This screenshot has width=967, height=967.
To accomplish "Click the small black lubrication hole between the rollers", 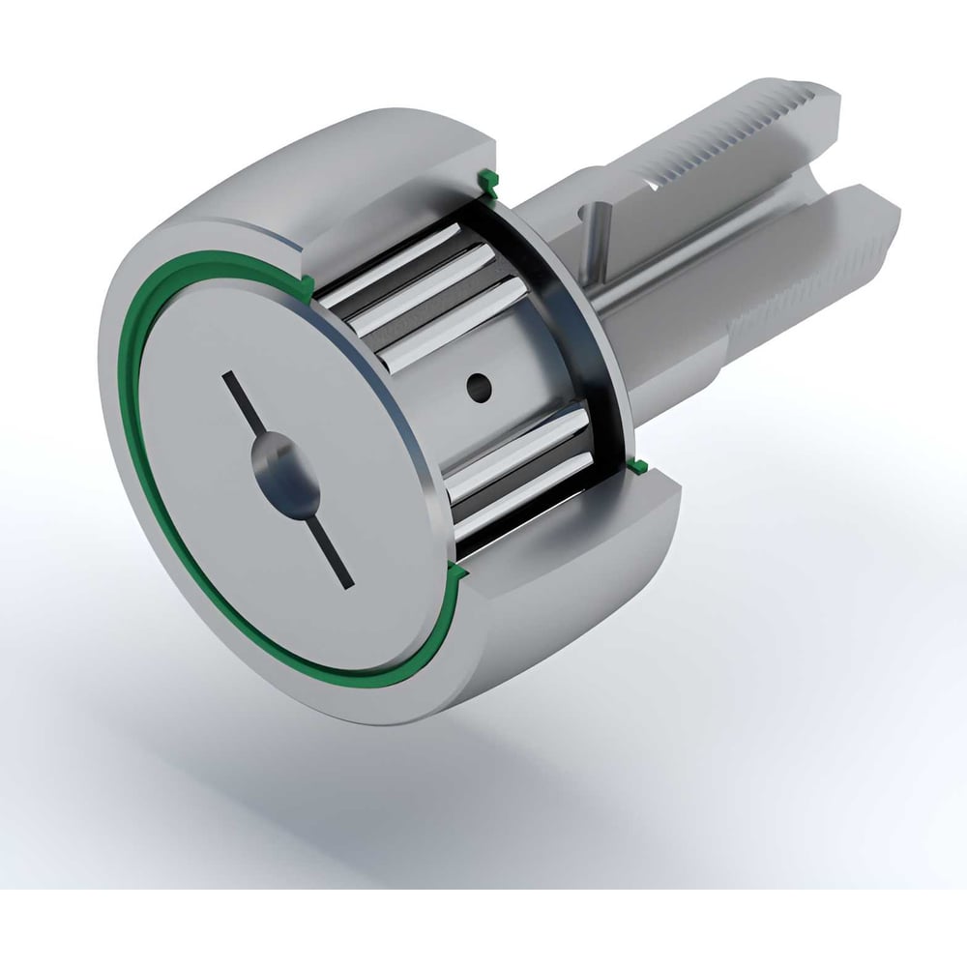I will pos(477,387).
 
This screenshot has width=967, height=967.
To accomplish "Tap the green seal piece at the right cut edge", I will pos(638,470).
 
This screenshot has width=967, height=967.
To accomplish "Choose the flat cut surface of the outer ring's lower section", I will pos(580,522).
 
